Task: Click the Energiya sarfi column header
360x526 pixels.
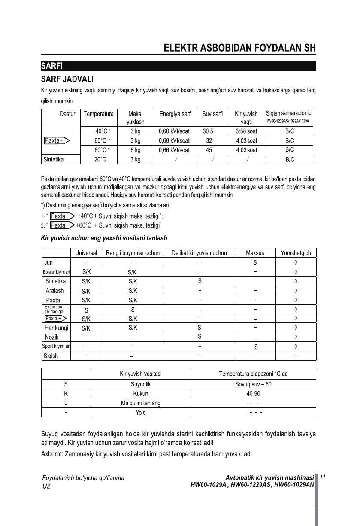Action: click(x=175, y=114)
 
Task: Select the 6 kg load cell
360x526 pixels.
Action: click(x=135, y=150)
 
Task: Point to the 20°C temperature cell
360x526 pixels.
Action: click(x=100, y=159)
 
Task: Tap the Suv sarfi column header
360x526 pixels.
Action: click(x=212, y=114)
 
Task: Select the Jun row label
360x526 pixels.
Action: click(x=48, y=262)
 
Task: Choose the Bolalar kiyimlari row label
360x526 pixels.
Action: click(x=56, y=272)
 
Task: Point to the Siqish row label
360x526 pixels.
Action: click(x=51, y=356)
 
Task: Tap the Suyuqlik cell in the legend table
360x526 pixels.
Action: click(x=141, y=385)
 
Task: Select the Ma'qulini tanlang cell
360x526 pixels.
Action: click(x=141, y=403)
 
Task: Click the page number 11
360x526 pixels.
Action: click(x=324, y=477)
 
